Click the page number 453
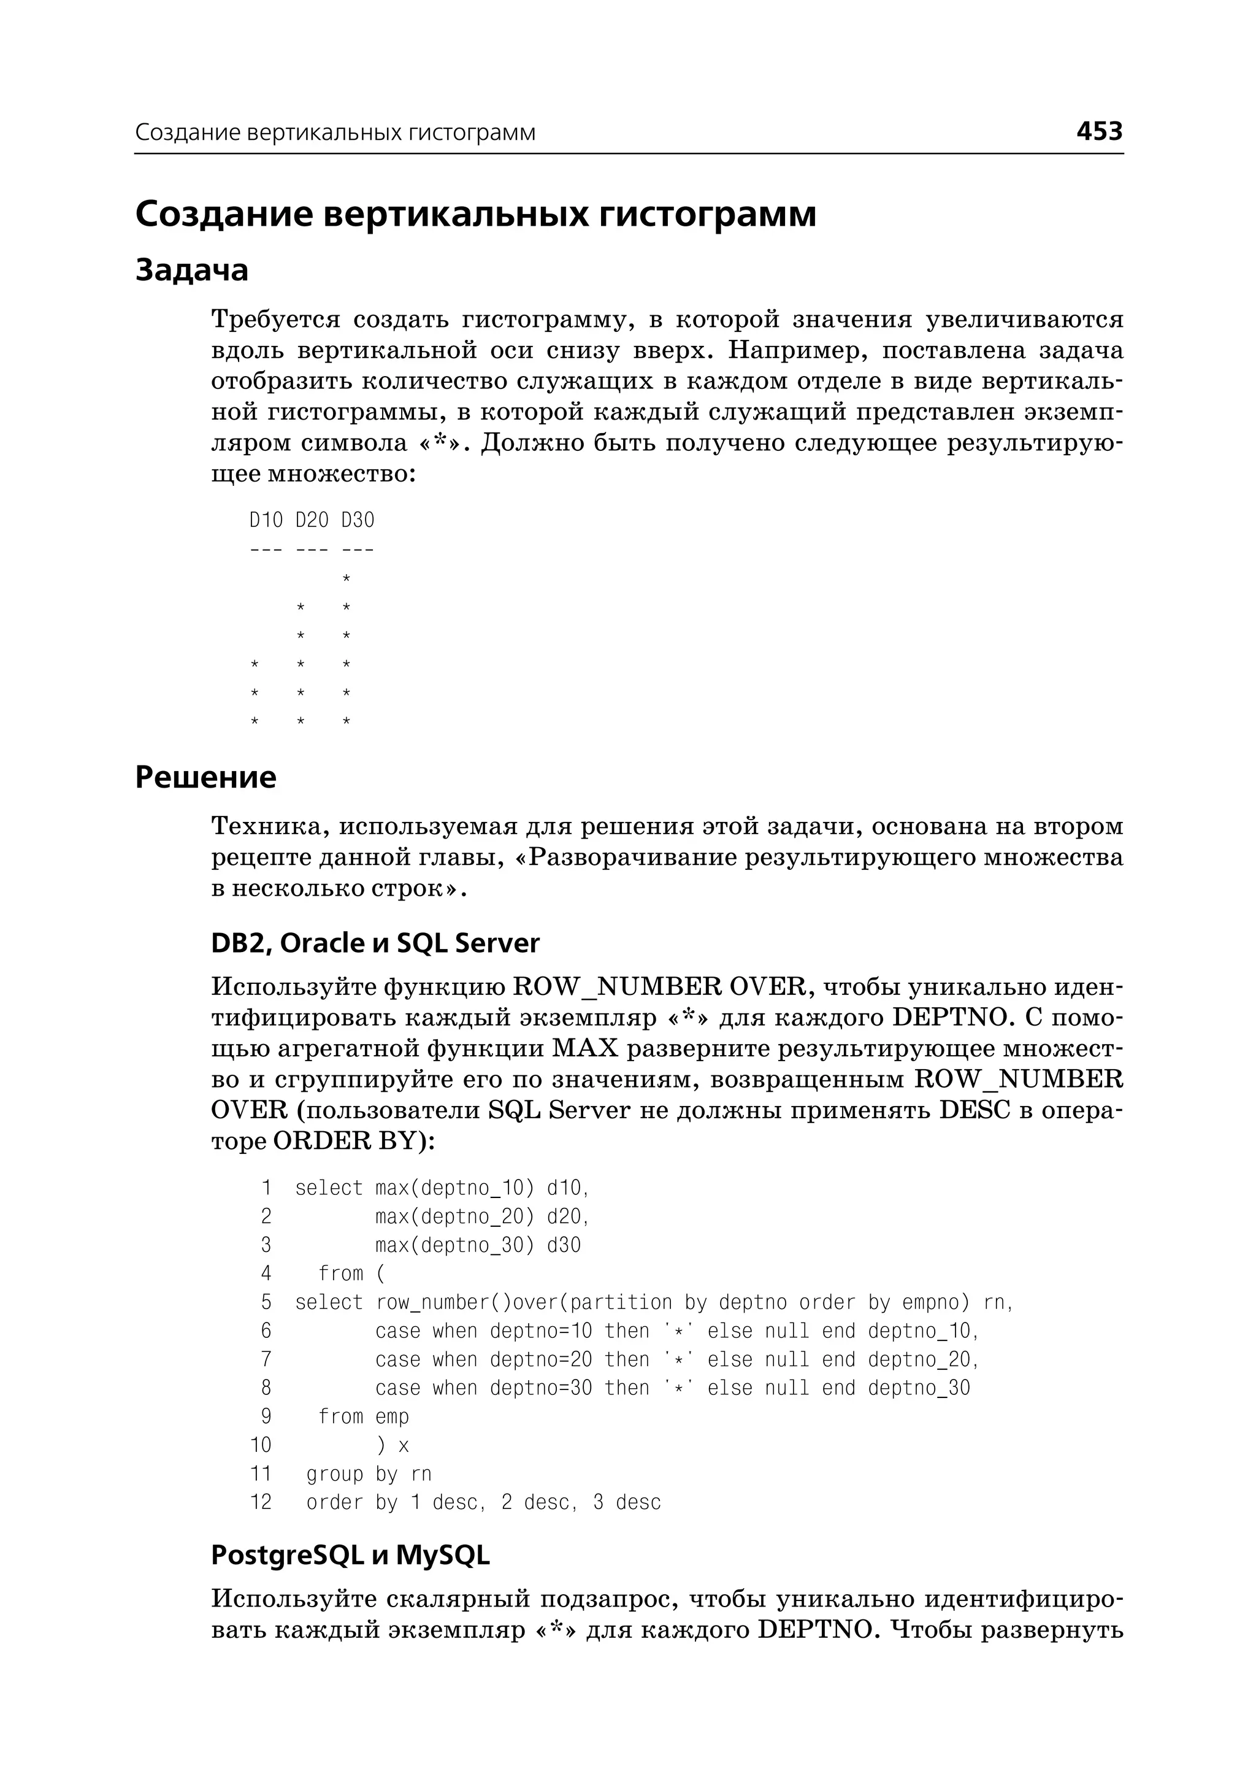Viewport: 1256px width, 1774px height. [x=1099, y=131]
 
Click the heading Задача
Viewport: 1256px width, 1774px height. [x=192, y=270]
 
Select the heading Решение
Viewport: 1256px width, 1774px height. [x=205, y=777]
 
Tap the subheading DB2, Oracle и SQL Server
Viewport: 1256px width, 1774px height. [x=375, y=943]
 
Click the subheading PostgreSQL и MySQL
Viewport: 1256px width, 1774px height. [x=350, y=1555]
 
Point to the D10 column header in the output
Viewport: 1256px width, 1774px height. [x=266, y=520]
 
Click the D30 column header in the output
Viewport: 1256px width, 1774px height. [x=358, y=520]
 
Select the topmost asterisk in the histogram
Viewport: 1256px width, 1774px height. [x=347, y=578]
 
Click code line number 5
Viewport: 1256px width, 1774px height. [x=266, y=1302]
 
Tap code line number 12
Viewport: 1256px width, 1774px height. [x=261, y=1502]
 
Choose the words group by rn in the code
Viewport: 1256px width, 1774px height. [x=368, y=1474]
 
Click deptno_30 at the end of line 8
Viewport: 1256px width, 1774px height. [x=918, y=1388]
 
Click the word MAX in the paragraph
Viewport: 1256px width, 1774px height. [x=586, y=1049]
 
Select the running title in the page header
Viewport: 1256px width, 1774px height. [x=335, y=132]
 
